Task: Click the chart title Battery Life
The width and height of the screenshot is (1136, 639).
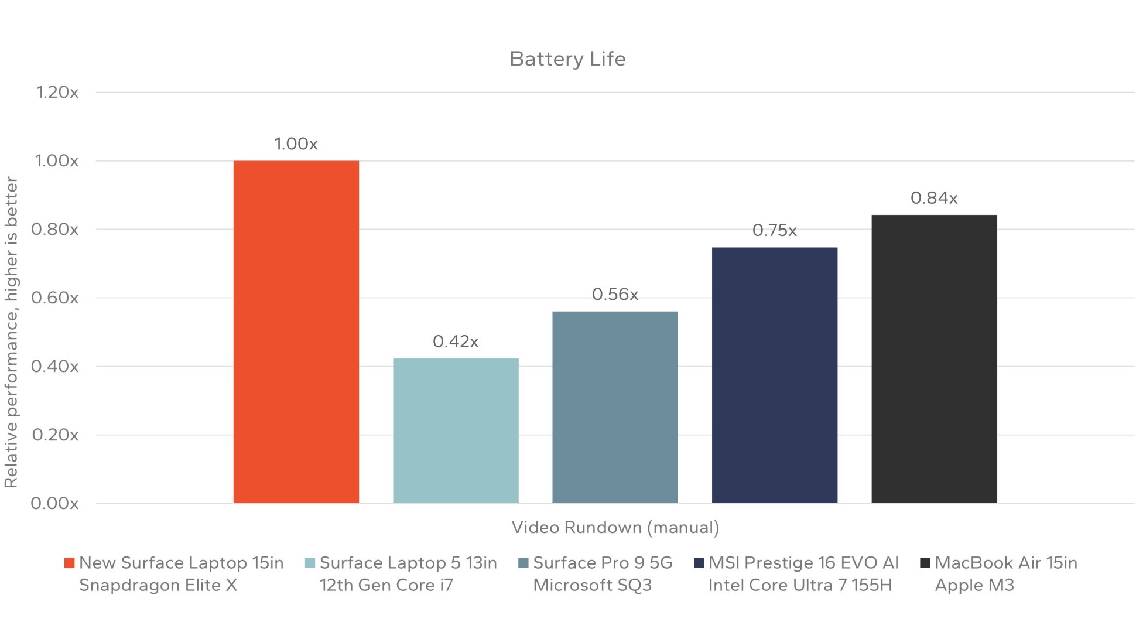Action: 567,59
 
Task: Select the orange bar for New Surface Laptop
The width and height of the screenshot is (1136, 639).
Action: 296,332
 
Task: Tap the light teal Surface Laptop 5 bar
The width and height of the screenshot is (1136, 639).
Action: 456,430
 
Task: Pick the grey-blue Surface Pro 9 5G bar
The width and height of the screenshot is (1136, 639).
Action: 615,407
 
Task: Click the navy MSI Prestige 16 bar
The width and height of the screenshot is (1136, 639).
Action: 774,375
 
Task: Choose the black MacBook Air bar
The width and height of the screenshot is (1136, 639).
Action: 934,358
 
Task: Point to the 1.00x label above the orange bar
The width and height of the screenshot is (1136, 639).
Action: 296,144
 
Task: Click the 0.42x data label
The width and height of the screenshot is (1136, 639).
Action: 456,341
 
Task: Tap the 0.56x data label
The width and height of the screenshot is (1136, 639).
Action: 615,294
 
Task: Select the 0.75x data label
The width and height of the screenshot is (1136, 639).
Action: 774,231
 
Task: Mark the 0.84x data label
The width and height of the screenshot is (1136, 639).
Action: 934,199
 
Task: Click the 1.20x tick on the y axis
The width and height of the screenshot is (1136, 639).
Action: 57,93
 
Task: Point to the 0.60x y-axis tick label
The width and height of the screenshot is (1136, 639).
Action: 54,298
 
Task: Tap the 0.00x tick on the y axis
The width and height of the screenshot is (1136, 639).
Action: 54,504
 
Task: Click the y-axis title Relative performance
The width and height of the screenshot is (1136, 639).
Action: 11,332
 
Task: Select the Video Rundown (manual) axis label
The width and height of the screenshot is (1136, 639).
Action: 615,528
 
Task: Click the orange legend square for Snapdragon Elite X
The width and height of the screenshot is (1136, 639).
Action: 69,563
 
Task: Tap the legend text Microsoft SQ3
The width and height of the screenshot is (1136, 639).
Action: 592,586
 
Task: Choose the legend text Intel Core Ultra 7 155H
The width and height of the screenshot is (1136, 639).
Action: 800,586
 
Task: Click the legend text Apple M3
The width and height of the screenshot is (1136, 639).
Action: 974,586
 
